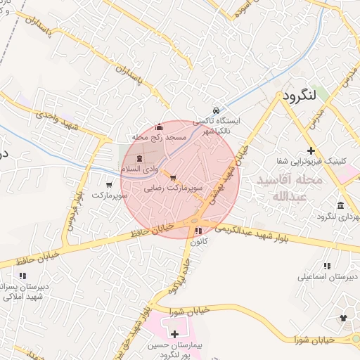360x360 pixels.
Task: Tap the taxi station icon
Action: pyautogui.click(x=217, y=110)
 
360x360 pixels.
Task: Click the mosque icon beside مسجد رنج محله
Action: pyautogui.click(x=160, y=127)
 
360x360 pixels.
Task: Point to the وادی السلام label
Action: pyautogui.click(x=138, y=169)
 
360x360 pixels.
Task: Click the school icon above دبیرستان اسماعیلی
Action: pyautogui.click(x=326, y=266)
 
